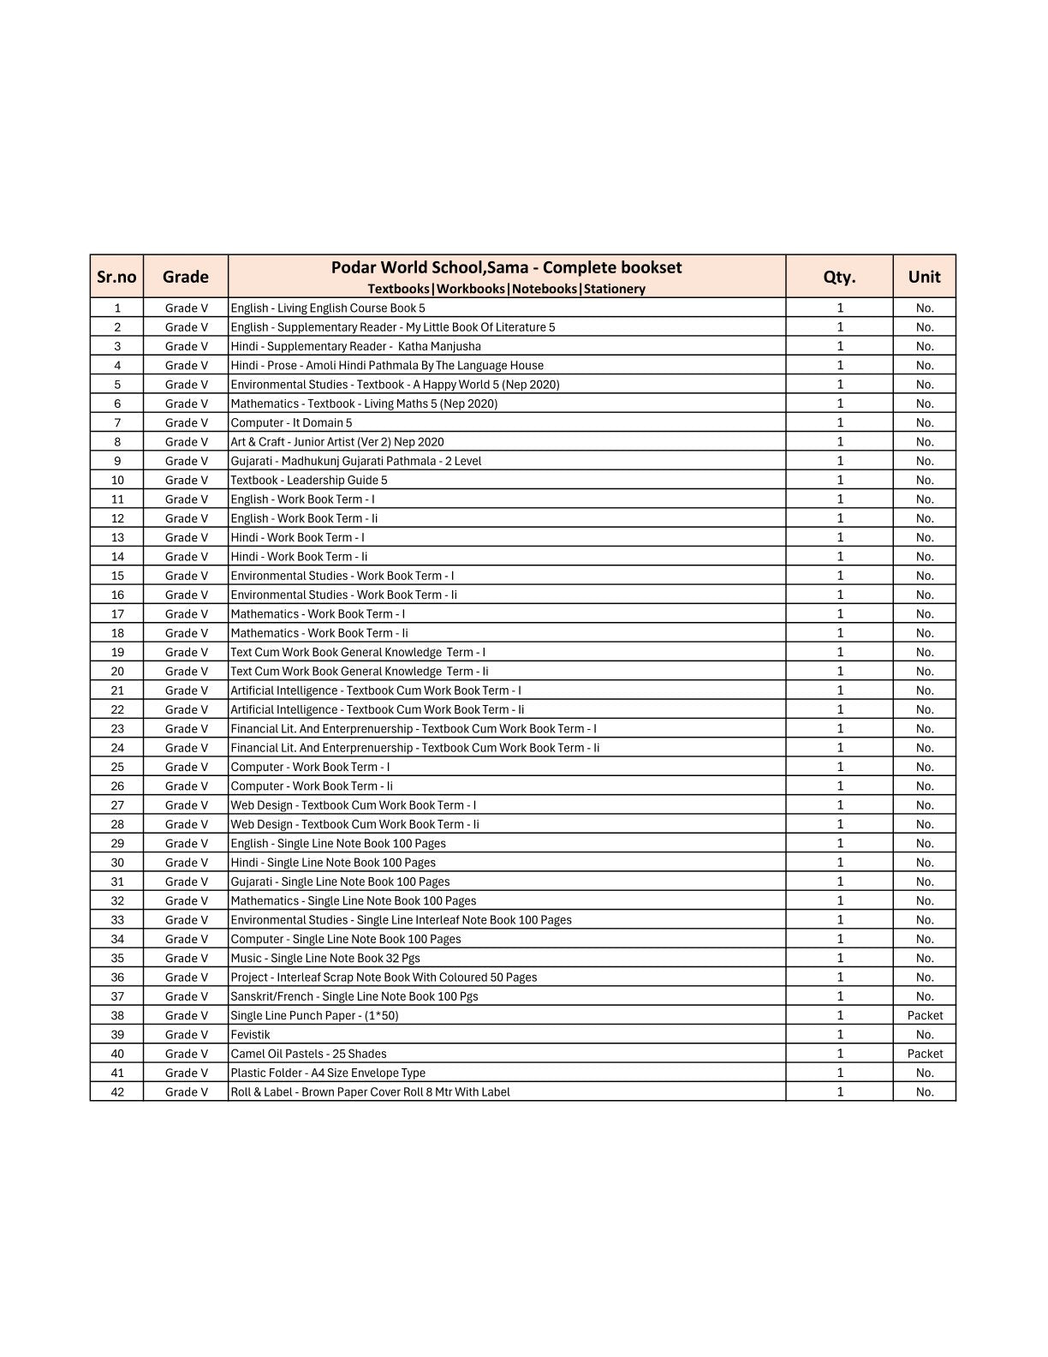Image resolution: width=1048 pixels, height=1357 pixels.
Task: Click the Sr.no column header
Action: pos(116,277)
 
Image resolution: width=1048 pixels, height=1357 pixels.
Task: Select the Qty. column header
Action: pos(839,277)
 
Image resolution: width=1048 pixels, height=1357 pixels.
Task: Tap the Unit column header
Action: pos(924,277)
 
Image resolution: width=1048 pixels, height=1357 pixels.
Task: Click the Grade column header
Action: pos(186,277)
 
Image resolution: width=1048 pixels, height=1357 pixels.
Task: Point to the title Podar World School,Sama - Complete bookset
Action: pos(506,267)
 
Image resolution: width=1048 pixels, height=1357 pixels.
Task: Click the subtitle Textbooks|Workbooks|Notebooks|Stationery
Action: pos(506,289)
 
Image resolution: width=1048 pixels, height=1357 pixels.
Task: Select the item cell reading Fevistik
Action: pos(250,1035)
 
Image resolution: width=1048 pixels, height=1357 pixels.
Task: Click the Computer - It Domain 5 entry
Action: pos(291,423)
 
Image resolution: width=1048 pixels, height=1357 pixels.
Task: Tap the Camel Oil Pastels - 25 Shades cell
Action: pos(308,1054)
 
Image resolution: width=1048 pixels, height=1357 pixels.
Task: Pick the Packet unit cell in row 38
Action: pos(925,1016)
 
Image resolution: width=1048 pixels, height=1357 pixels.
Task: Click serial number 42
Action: pos(117,1092)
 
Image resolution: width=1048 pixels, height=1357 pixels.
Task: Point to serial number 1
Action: pos(117,308)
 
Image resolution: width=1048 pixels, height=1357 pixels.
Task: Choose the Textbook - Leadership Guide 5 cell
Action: pos(309,481)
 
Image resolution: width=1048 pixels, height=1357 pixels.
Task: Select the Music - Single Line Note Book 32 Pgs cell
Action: pos(325,959)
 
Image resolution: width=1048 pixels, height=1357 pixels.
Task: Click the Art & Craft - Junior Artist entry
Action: pos(337,442)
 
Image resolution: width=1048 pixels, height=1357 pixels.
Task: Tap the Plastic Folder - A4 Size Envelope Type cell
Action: pos(328,1073)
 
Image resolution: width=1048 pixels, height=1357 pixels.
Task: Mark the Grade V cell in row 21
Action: pos(187,690)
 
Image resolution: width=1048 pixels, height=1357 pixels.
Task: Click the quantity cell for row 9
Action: pos(840,461)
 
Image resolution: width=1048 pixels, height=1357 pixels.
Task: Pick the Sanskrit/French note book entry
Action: pos(354,996)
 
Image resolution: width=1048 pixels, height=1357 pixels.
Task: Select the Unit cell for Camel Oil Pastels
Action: pos(925,1054)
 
